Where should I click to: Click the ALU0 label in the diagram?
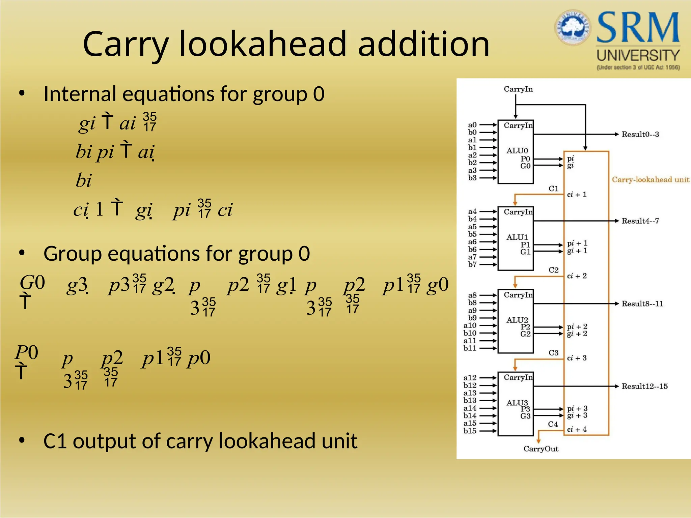pos(517,150)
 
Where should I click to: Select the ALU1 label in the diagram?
pos(517,237)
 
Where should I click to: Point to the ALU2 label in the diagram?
pos(517,320)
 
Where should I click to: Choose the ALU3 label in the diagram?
pos(517,403)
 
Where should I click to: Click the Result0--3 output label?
pos(640,134)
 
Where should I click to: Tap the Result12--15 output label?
pos(644,386)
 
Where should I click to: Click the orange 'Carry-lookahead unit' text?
pos(651,179)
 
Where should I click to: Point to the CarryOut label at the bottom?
pos(541,449)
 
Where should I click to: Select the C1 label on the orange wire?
pos(553,189)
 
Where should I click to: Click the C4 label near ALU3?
pos(553,424)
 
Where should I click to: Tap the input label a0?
pos(472,125)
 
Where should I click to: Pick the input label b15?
pos(470,431)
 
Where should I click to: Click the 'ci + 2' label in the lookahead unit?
pos(577,276)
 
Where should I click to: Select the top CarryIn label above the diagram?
pos(518,89)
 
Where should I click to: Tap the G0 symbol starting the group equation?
pos(32,283)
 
